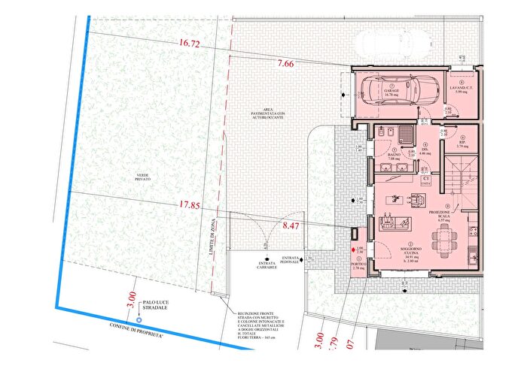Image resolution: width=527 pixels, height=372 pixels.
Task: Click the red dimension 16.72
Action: tap(189, 45)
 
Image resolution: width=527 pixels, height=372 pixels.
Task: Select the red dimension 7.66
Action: tap(286, 64)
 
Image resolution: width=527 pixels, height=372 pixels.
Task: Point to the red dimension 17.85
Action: tap(190, 204)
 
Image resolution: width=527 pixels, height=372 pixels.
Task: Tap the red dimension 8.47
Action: tap(290, 224)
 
